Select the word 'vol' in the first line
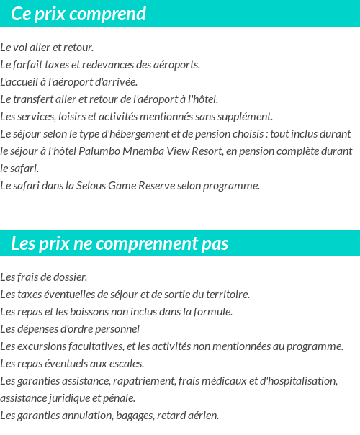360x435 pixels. pyautogui.click(x=23, y=48)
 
